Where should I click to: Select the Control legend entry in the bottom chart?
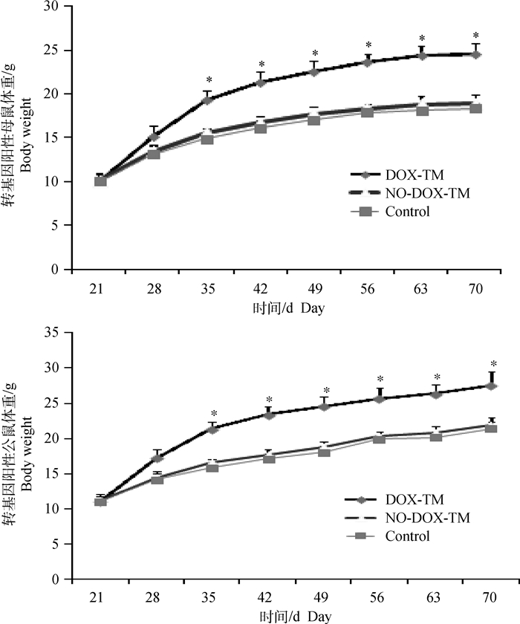tap(409, 537)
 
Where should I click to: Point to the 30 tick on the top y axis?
tap(54, 7)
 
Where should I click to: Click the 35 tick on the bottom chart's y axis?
tap(54, 332)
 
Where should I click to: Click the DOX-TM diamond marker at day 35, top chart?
tap(208, 100)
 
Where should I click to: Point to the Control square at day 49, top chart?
tap(314, 119)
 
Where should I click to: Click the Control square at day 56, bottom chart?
tap(379, 438)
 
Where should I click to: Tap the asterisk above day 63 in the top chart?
tap(422, 39)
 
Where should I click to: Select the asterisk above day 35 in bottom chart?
tap(213, 415)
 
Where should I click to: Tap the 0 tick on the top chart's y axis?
tap(58, 270)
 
